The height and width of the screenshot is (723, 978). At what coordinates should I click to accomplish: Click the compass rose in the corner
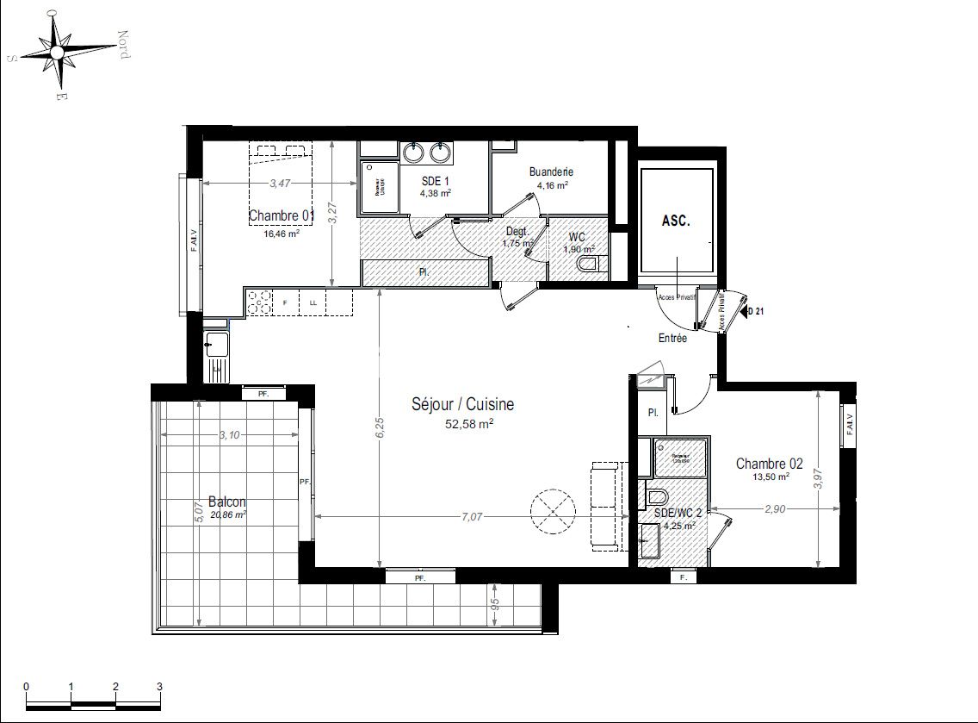pyautogui.click(x=57, y=52)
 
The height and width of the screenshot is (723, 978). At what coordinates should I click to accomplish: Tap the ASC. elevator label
pyautogui.click(x=676, y=221)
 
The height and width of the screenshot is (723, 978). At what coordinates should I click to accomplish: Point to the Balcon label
pyautogui.click(x=227, y=502)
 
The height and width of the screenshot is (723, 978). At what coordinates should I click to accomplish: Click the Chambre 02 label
pyautogui.click(x=763, y=464)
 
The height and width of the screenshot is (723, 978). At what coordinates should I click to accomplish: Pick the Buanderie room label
pyautogui.click(x=551, y=171)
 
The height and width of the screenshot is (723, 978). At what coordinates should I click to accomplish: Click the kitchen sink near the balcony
pyautogui.click(x=215, y=348)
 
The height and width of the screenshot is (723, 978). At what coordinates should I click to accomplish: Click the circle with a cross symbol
pyautogui.click(x=552, y=513)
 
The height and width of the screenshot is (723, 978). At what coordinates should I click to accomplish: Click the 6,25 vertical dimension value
pyautogui.click(x=380, y=428)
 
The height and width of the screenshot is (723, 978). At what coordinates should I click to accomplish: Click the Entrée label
pyautogui.click(x=672, y=339)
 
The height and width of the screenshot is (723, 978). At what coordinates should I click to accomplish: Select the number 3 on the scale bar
pyautogui.click(x=159, y=686)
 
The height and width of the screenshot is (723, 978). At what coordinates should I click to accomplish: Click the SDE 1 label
pyautogui.click(x=435, y=181)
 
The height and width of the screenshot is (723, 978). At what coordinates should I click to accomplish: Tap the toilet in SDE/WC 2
pyautogui.click(x=656, y=497)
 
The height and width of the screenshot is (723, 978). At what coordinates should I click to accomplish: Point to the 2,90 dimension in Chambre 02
pyautogui.click(x=775, y=509)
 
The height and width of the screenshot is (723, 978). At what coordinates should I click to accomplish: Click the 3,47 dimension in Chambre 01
pyautogui.click(x=280, y=183)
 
